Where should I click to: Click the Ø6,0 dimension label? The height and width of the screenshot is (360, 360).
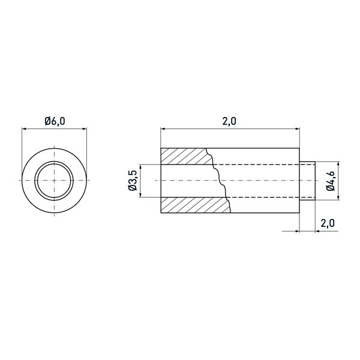(55, 121)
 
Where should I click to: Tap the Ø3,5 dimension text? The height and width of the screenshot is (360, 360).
(133, 181)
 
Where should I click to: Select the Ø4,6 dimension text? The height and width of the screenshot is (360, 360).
(331, 181)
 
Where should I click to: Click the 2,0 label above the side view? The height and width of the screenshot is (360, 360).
(229, 121)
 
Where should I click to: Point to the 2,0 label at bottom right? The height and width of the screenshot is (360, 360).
(328, 223)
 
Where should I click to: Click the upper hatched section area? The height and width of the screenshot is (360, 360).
(185, 157)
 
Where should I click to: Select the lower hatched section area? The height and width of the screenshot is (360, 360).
(195, 205)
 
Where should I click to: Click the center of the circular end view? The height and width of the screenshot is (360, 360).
(55, 181)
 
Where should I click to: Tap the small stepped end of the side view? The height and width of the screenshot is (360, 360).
(307, 181)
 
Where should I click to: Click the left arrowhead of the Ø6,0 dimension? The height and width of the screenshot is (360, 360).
(23, 129)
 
